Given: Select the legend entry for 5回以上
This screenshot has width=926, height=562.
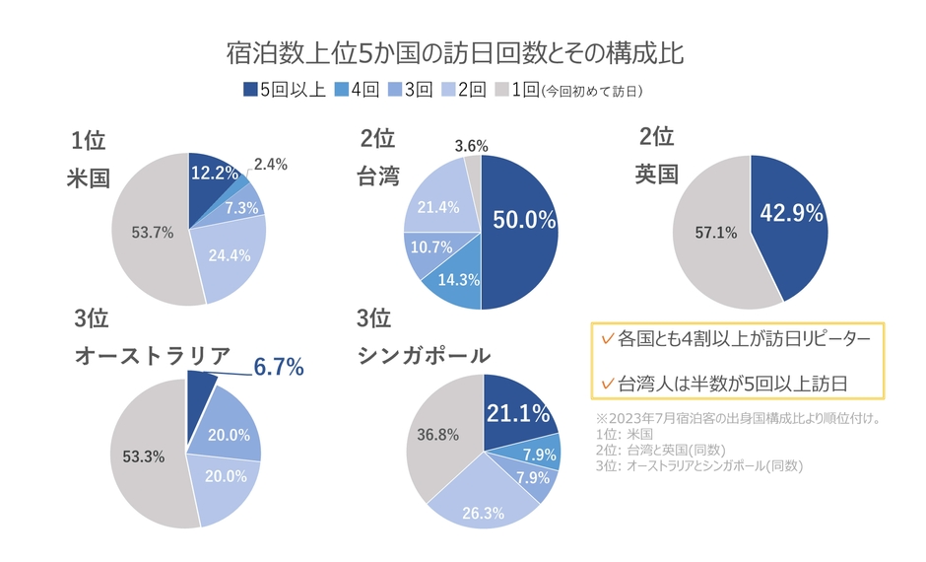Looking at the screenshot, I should pyautogui.click(x=284, y=90).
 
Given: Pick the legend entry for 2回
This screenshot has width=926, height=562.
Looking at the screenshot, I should pyautogui.click(x=464, y=90).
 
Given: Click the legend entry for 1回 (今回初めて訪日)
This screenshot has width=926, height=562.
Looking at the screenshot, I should pyautogui.click(x=571, y=90).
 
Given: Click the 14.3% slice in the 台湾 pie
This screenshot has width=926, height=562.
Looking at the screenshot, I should pyautogui.click(x=455, y=280).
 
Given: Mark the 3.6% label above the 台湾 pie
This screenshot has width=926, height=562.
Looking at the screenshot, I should pyautogui.click(x=472, y=146).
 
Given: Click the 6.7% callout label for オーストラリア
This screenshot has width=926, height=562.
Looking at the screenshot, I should pyautogui.click(x=279, y=368).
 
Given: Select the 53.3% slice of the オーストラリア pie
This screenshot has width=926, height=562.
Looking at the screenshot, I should pyautogui.click(x=144, y=457).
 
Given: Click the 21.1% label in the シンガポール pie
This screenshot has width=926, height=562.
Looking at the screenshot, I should pyautogui.click(x=516, y=414).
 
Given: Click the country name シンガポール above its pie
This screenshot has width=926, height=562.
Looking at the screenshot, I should pyautogui.click(x=424, y=355).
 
